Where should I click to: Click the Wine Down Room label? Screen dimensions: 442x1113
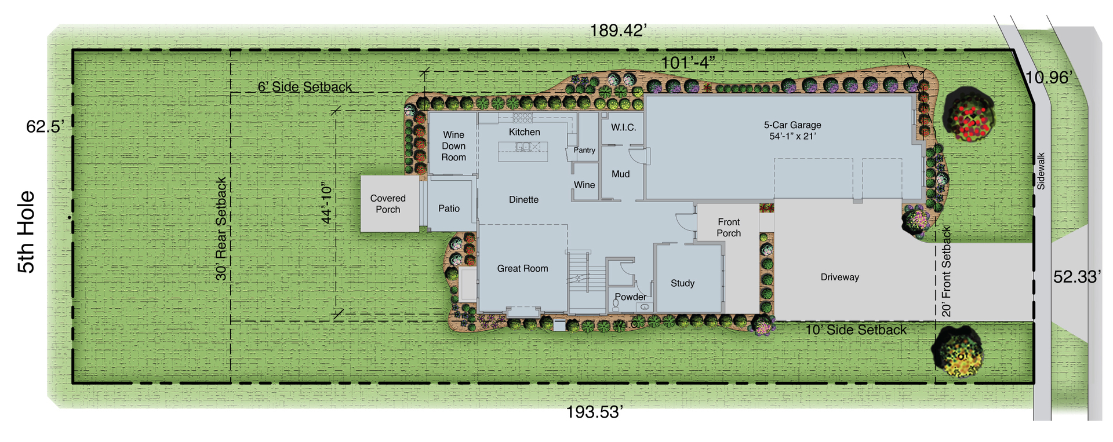[453, 146]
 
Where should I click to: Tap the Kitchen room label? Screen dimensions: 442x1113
[524, 132]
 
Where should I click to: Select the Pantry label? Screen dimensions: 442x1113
[584, 150]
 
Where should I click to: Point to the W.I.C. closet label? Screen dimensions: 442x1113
[623, 127]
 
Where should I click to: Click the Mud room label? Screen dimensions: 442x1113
[620, 174]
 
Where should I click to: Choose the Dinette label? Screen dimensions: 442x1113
[523, 200]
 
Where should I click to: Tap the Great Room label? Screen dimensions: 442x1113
[522, 269]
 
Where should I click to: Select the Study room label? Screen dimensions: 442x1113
[682, 283]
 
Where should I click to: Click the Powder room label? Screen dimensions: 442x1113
[631, 297]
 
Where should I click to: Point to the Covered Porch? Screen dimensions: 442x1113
[388, 204]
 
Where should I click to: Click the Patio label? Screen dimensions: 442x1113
[449, 209]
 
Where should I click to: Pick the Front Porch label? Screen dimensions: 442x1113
[729, 228]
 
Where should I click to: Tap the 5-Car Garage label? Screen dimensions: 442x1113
[792, 130]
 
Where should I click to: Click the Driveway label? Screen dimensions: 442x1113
[839, 277]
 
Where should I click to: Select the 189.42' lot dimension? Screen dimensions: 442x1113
[618, 31]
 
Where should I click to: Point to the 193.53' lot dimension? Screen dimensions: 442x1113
[594, 412]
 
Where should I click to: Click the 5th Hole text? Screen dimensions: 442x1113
[27, 232]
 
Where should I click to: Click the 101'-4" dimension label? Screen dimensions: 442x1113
[688, 63]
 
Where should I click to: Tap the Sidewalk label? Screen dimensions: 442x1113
[1041, 171]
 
